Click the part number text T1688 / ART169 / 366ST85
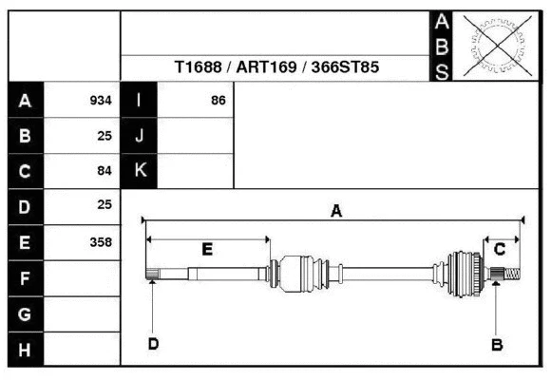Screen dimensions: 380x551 tap(277, 68)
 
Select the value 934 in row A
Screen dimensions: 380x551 tap(100, 101)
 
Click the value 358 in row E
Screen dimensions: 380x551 tap(100, 241)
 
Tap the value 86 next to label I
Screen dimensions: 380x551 tap(218, 101)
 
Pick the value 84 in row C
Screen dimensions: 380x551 tap(104, 171)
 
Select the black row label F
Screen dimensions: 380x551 tap(26, 277)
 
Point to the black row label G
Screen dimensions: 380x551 tap(26, 313)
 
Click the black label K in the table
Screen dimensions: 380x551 tap(140, 171)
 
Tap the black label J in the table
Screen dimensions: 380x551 tap(140, 136)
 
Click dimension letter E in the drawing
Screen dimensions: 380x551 tap(207, 249)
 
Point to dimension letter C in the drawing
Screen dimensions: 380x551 tap(500, 249)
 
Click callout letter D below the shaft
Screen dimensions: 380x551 tap(153, 343)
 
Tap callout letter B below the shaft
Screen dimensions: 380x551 tap(496, 344)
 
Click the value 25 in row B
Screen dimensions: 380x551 tap(104, 136)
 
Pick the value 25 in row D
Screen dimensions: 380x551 tap(104, 205)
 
